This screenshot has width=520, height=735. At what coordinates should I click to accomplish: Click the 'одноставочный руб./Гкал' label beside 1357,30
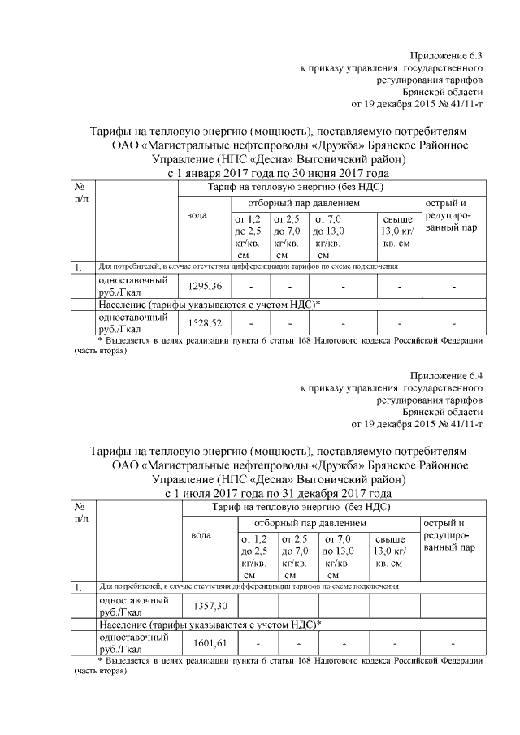[134, 606]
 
